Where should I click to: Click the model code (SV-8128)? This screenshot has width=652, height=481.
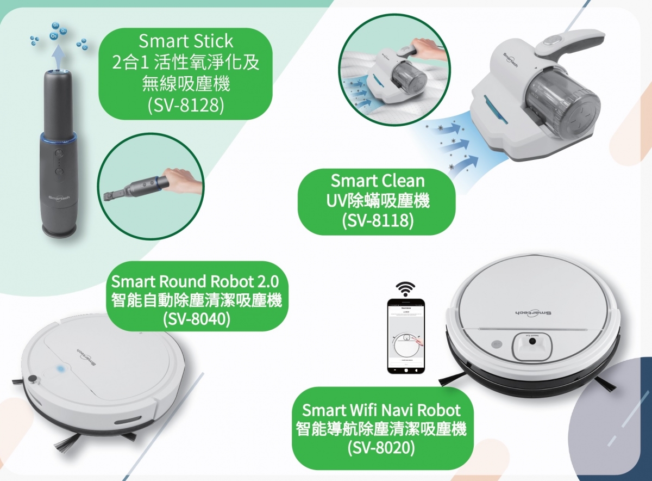coord(186,104)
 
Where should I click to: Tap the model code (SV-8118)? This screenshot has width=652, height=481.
coord(378,221)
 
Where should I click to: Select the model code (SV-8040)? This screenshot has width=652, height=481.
coord(197,318)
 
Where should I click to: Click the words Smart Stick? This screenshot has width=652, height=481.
coord(186,41)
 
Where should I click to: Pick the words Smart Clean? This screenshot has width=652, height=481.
coord(378,180)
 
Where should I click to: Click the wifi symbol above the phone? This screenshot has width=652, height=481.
coord(405,288)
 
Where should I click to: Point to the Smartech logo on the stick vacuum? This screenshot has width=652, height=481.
coord(58,197)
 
